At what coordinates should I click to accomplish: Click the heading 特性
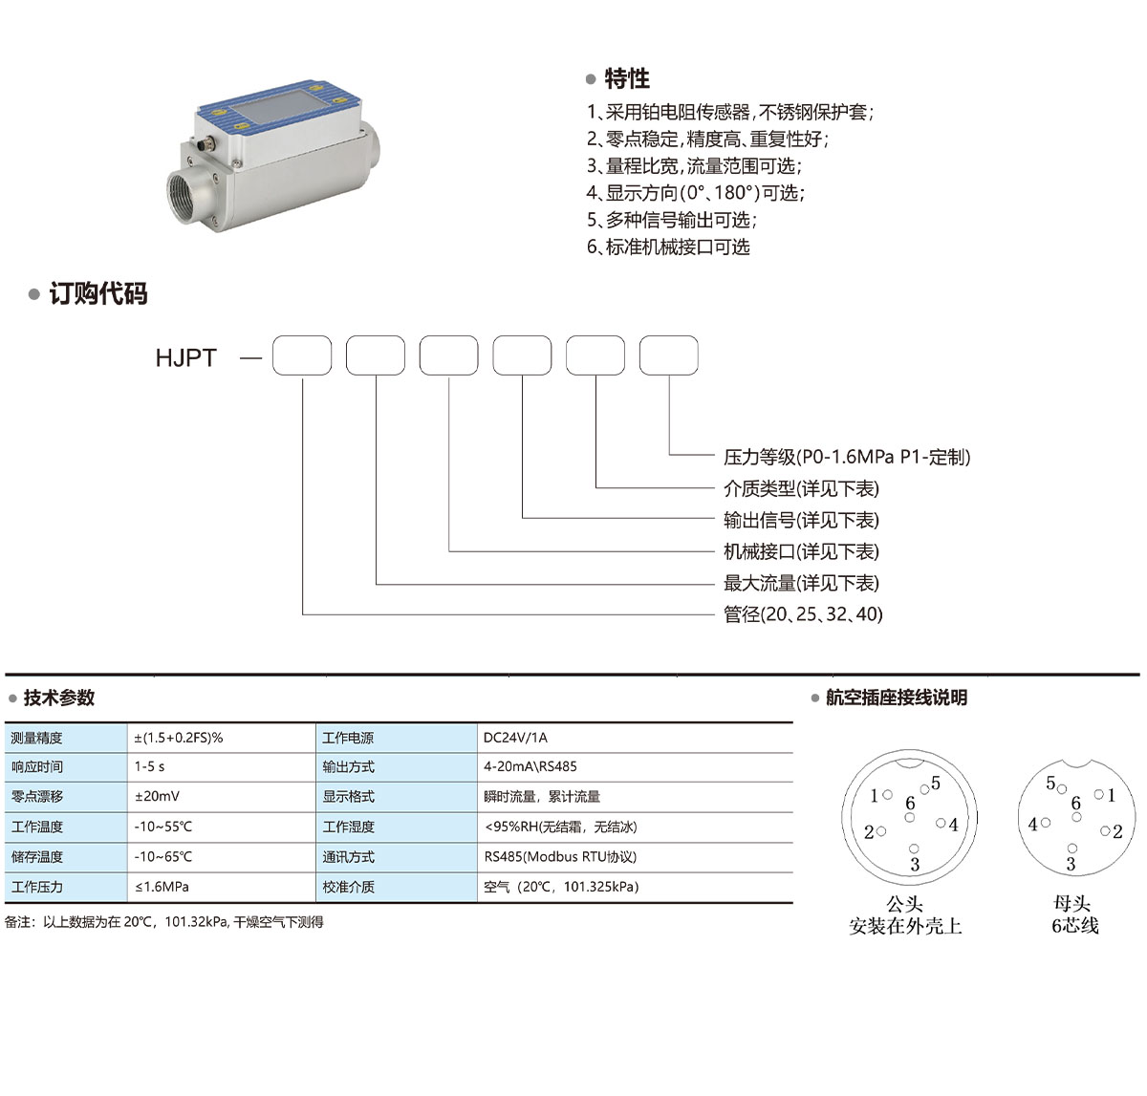pos(626,78)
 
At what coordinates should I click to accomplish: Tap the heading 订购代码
pos(97,293)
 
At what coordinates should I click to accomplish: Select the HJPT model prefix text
pos(185,357)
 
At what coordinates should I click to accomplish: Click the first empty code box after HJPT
pos(302,355)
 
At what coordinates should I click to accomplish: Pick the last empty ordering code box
pos(668,355)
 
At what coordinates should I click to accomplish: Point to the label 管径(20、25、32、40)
pos(803,613)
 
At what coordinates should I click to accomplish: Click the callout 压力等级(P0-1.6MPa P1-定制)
pos(846,457)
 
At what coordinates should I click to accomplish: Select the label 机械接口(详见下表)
pos(801,551)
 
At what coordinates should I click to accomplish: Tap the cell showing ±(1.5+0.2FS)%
pos(179,738)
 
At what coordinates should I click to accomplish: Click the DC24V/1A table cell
pos(515,738)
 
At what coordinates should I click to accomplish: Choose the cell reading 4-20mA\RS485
pos(530,766)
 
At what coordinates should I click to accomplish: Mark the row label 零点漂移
pos(37,796)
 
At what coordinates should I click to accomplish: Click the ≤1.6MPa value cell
pos(162,887)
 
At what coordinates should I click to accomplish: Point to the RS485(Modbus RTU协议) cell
pos(560,857)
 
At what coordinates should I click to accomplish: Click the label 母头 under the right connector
pos(1071,903)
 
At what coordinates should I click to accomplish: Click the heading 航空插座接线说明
pos(896,698)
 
